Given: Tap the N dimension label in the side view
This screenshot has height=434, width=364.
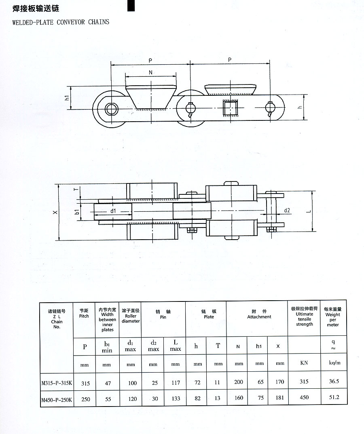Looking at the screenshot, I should (x=150, y=72).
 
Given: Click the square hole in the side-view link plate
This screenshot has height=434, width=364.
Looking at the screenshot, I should (x=229, y=108).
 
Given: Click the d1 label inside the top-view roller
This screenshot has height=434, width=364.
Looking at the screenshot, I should (x=113, y=211).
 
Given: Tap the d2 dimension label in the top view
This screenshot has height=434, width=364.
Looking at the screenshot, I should (x=288, y=210).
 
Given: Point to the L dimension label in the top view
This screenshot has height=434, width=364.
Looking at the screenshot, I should (x=320, y=211).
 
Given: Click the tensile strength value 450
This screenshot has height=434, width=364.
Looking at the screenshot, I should (x=304, y=398).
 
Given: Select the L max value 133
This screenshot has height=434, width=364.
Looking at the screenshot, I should (x=176, y=398).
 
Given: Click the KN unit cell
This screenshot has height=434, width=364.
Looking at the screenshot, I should (x=304, y=363).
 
